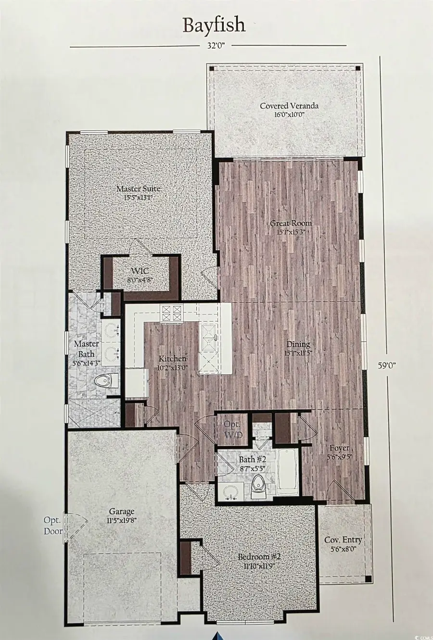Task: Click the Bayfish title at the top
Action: (214, 25)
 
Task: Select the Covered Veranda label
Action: (282, 110)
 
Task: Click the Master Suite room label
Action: (138, 192)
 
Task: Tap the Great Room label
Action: (291, 227)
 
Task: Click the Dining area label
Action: (298, 348)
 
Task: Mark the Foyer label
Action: (337, 452)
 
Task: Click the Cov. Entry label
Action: (343, 544)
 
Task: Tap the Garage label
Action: (121, 515)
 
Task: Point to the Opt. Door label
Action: (53, 526)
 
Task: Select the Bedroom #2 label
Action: (259, 561)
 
